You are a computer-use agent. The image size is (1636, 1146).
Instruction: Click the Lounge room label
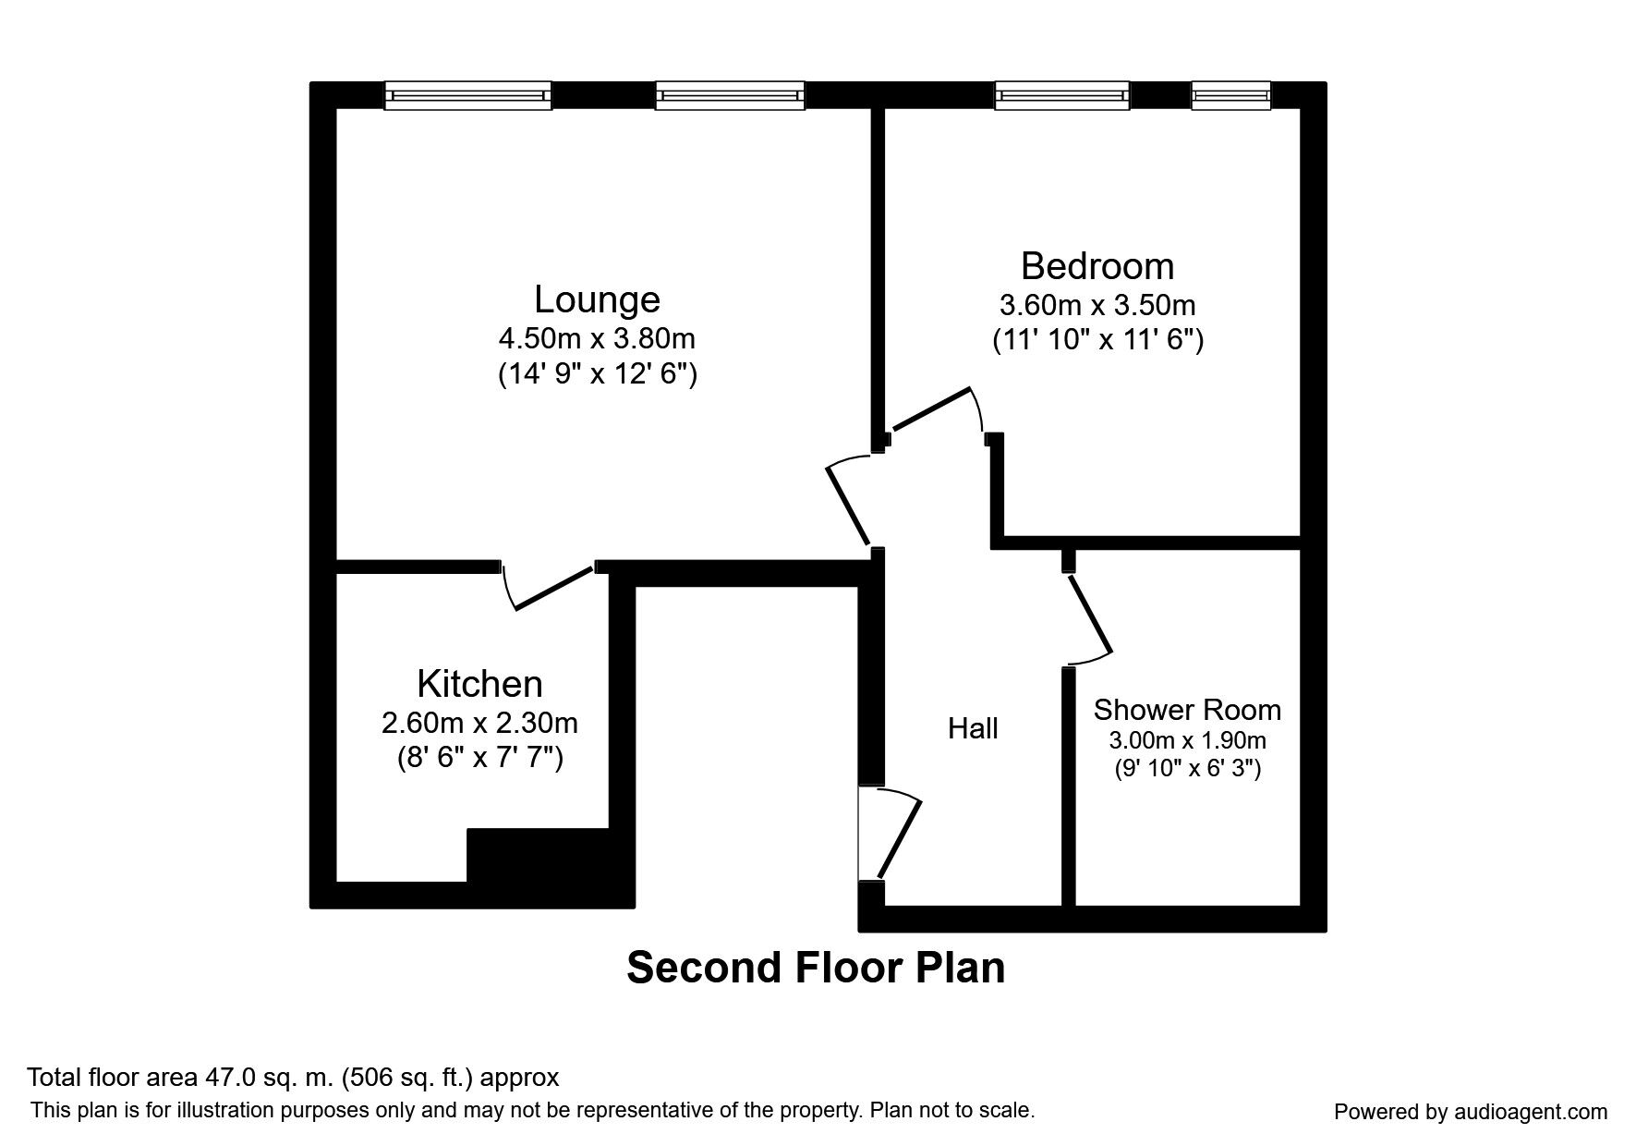click(x=597, y=299)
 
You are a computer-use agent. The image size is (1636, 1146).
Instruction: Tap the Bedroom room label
click(x=1097, y=266)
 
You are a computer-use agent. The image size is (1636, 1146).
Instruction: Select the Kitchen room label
click(x=479, y=684)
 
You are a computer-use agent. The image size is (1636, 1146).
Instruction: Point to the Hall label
click(x=973, y=729)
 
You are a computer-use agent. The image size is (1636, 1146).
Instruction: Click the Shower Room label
click(x=1187, y=710)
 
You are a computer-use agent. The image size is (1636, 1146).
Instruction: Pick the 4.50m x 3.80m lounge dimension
click(x=597, y=338)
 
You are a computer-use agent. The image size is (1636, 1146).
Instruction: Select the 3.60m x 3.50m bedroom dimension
click(x=1097, y=305)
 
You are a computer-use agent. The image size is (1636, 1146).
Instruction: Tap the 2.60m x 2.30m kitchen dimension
click(x=479, y=722)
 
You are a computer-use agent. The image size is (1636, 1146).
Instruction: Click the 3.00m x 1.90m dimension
click(x=1187, y=740)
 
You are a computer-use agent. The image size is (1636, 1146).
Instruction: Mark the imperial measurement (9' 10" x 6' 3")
click(x=1187, y=768)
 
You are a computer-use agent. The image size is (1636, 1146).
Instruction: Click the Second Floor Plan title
click(x=816, y=968)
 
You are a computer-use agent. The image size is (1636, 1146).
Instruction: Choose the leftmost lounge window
click(x=467, y=95)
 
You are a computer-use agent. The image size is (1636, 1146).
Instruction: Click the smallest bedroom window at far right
click(x=1230, y=95)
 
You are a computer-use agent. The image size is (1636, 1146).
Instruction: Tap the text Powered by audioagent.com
click(x=1471, y=1112)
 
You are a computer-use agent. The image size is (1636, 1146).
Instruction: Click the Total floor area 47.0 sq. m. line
click(x=293, y=1078)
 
